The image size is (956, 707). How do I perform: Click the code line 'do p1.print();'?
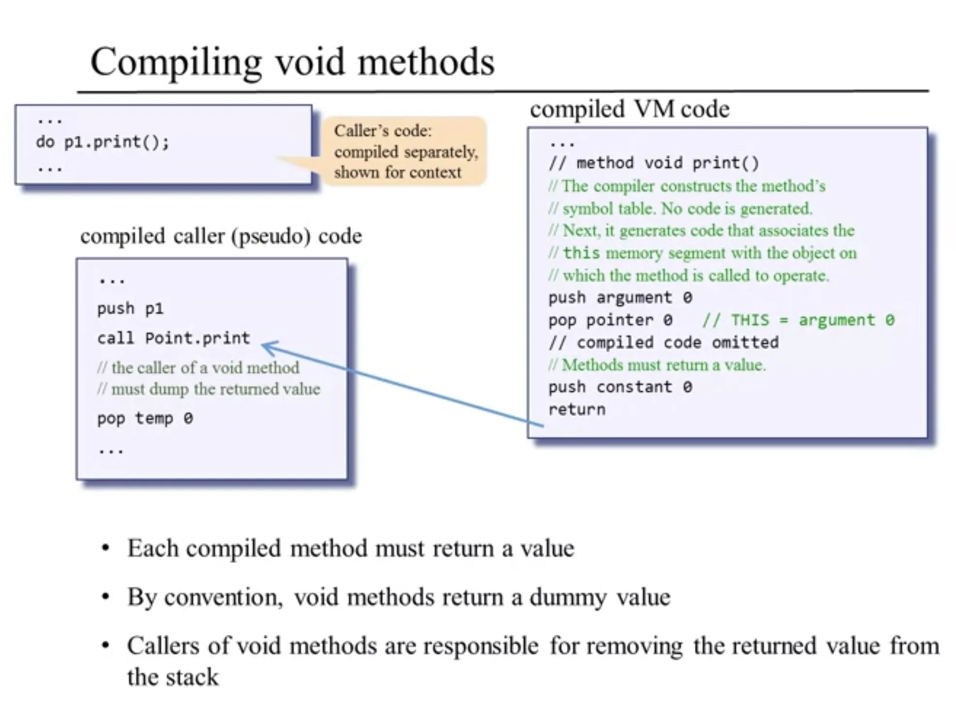[x=102, y=142]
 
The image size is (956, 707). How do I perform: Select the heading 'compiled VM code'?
[x=629, y=109]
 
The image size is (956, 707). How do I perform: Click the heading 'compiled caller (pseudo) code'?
[x=221, y=236]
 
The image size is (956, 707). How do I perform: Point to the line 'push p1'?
[x=130, y=308]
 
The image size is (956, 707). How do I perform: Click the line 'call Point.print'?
[x=173, y=338]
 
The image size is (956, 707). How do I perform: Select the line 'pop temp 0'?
[x=145, y=418]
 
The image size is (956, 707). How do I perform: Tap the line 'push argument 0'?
[x=620, y=297]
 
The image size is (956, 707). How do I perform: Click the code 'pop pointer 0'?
[x=610, y=320]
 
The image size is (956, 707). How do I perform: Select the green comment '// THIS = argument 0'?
[x=798, y=320]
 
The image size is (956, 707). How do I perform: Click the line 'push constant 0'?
[x=620, y=387]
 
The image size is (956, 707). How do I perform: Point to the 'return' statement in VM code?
[x=577, y=410]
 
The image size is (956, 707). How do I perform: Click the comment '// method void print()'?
[x=653, y=163]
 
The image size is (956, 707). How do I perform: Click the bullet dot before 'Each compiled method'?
[x=105, y=549]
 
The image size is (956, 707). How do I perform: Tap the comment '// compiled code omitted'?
[x=663, y=342]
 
